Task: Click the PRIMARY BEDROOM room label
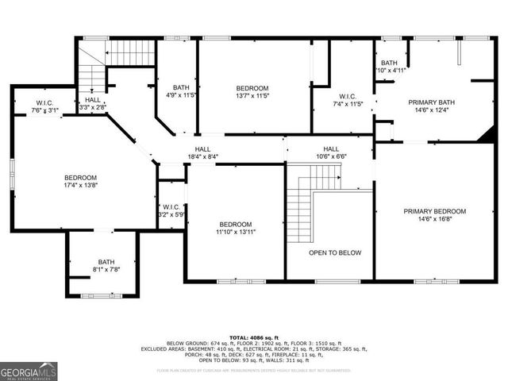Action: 434,211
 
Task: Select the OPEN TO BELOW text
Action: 335,253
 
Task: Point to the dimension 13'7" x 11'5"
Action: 252,96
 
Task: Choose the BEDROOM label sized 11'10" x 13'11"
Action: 236,224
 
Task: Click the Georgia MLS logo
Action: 29,371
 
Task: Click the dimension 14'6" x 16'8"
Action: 434,220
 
